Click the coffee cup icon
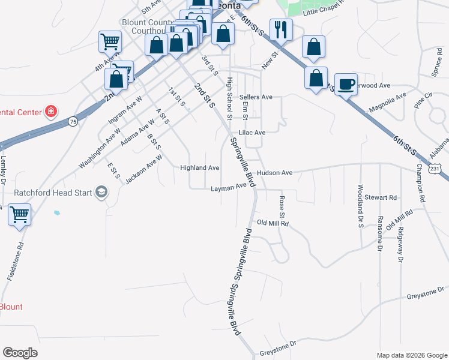pyautogui.click(x=345, y=85)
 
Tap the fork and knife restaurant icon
pyautogui.click(x=281, y=29)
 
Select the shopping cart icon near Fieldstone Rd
pyautogui.click(x=20, y=214)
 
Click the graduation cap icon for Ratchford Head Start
pyautogui.click(x=101, y=193)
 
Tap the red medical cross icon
pyautogui.click(x=51, y=111)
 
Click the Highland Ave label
pyautogui.click(x=200, y=168)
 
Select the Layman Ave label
pyautogui.click(x=229, y=188)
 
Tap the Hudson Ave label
pyautogui.click(x=274, y=173)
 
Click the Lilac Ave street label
pyautogui.click(x=252, y=133)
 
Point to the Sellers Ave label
pyautogui.click(x=256, y=97)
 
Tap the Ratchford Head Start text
pyautogui.click(x=53, y=193)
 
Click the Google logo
pyautogui.click(x=20, y=352)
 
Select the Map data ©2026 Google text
pyautogui.click(x=411, y=355)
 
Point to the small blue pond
pyautogui.click(x=57, y=212)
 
